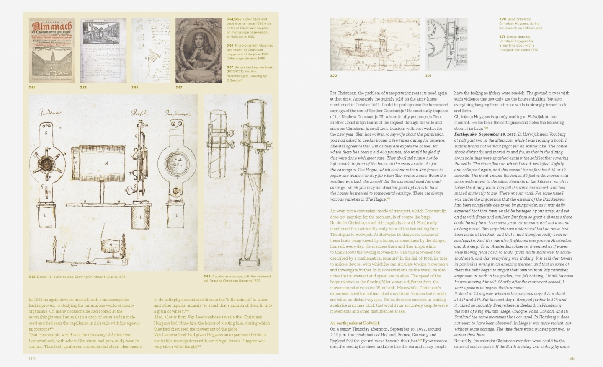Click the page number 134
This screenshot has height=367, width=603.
pyautogui.click(x=31, y=358)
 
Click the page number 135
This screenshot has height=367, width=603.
pyautogui.click(x=571, y=358)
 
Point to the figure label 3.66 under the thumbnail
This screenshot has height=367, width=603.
pyautogui.click(x=135, y=87)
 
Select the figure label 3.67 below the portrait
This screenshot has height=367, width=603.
pyautogui.click(x=179, y=87)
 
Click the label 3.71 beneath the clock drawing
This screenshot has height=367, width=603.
pyautogui.click(x=428, y=76)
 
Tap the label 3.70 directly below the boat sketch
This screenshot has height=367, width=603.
pyautogui.click(x=333, y=76)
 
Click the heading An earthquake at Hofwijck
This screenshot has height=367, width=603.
pyautogui.click(x=355, y=323)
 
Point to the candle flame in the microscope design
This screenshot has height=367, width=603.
pyautogui.click(x=55, y=243)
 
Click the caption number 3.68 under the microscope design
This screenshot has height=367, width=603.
pyautogui.click(x=32, y=277)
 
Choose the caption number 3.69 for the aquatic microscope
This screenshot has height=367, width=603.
pyautogui.click(x=207, y=277)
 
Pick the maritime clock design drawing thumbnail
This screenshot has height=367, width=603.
pyautogui.click(x=446, y=44)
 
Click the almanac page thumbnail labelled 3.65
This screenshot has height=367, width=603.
pyautogui.click(x=103, y=50)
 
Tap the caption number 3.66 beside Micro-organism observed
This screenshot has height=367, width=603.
pyautogui.click(x=230, y=45)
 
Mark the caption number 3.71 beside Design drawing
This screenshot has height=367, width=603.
pyautogui.click(x=502, y=37)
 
